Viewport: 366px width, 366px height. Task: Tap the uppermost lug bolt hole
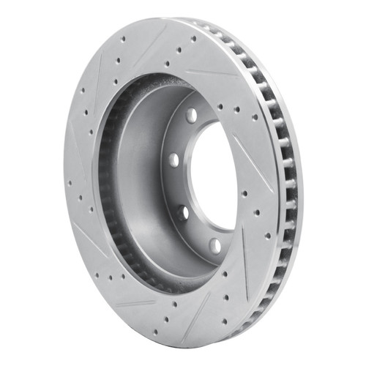pos(192,115)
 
